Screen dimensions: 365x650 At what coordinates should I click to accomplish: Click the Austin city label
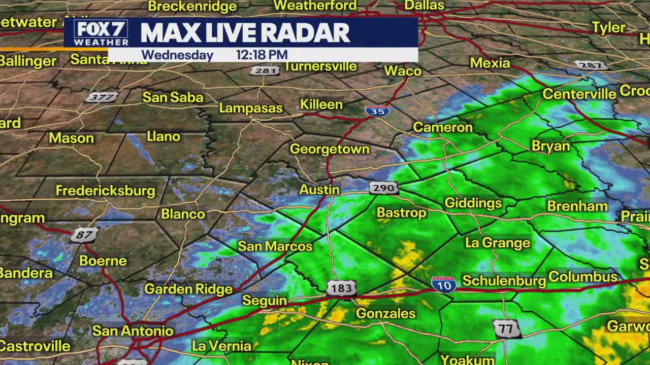click(x=319, y=190)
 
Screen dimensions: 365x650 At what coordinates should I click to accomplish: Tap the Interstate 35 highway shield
click(x=377, y=111)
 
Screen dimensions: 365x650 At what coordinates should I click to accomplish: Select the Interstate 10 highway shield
click(x=444, y=284)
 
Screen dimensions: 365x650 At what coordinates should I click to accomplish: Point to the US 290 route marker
click(x=383, y=188)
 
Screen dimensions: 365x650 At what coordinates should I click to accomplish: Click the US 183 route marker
click(x=341, y=288)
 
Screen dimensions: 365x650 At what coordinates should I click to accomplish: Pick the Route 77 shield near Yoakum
click(x=506, y=329)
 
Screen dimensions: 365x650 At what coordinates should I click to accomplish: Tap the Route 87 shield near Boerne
click(x=84, y=235)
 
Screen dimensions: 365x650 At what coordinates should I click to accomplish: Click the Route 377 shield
click(x=102, y=97)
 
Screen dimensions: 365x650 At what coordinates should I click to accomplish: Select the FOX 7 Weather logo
click(x=101, y=33)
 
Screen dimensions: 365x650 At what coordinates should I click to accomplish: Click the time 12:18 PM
click(x=262, y=55)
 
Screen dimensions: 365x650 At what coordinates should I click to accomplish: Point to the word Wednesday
click(x=177, y=55)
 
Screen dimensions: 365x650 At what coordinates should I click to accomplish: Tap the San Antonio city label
click(x=133, y=331)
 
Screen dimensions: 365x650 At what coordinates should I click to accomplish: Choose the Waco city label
click(x=403, y=71)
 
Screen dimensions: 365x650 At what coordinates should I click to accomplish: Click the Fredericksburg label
click(x=105, y=191)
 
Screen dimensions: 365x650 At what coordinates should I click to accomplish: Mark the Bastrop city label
click(x=401, y=212)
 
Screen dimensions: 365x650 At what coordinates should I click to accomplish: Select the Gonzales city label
click(x=385, y=313)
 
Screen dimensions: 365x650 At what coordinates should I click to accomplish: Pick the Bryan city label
click(x=550, y=146)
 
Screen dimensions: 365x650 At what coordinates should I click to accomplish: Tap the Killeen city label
click(x=321, y=104)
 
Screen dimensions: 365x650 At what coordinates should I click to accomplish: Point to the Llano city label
click(x=163, y=136)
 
